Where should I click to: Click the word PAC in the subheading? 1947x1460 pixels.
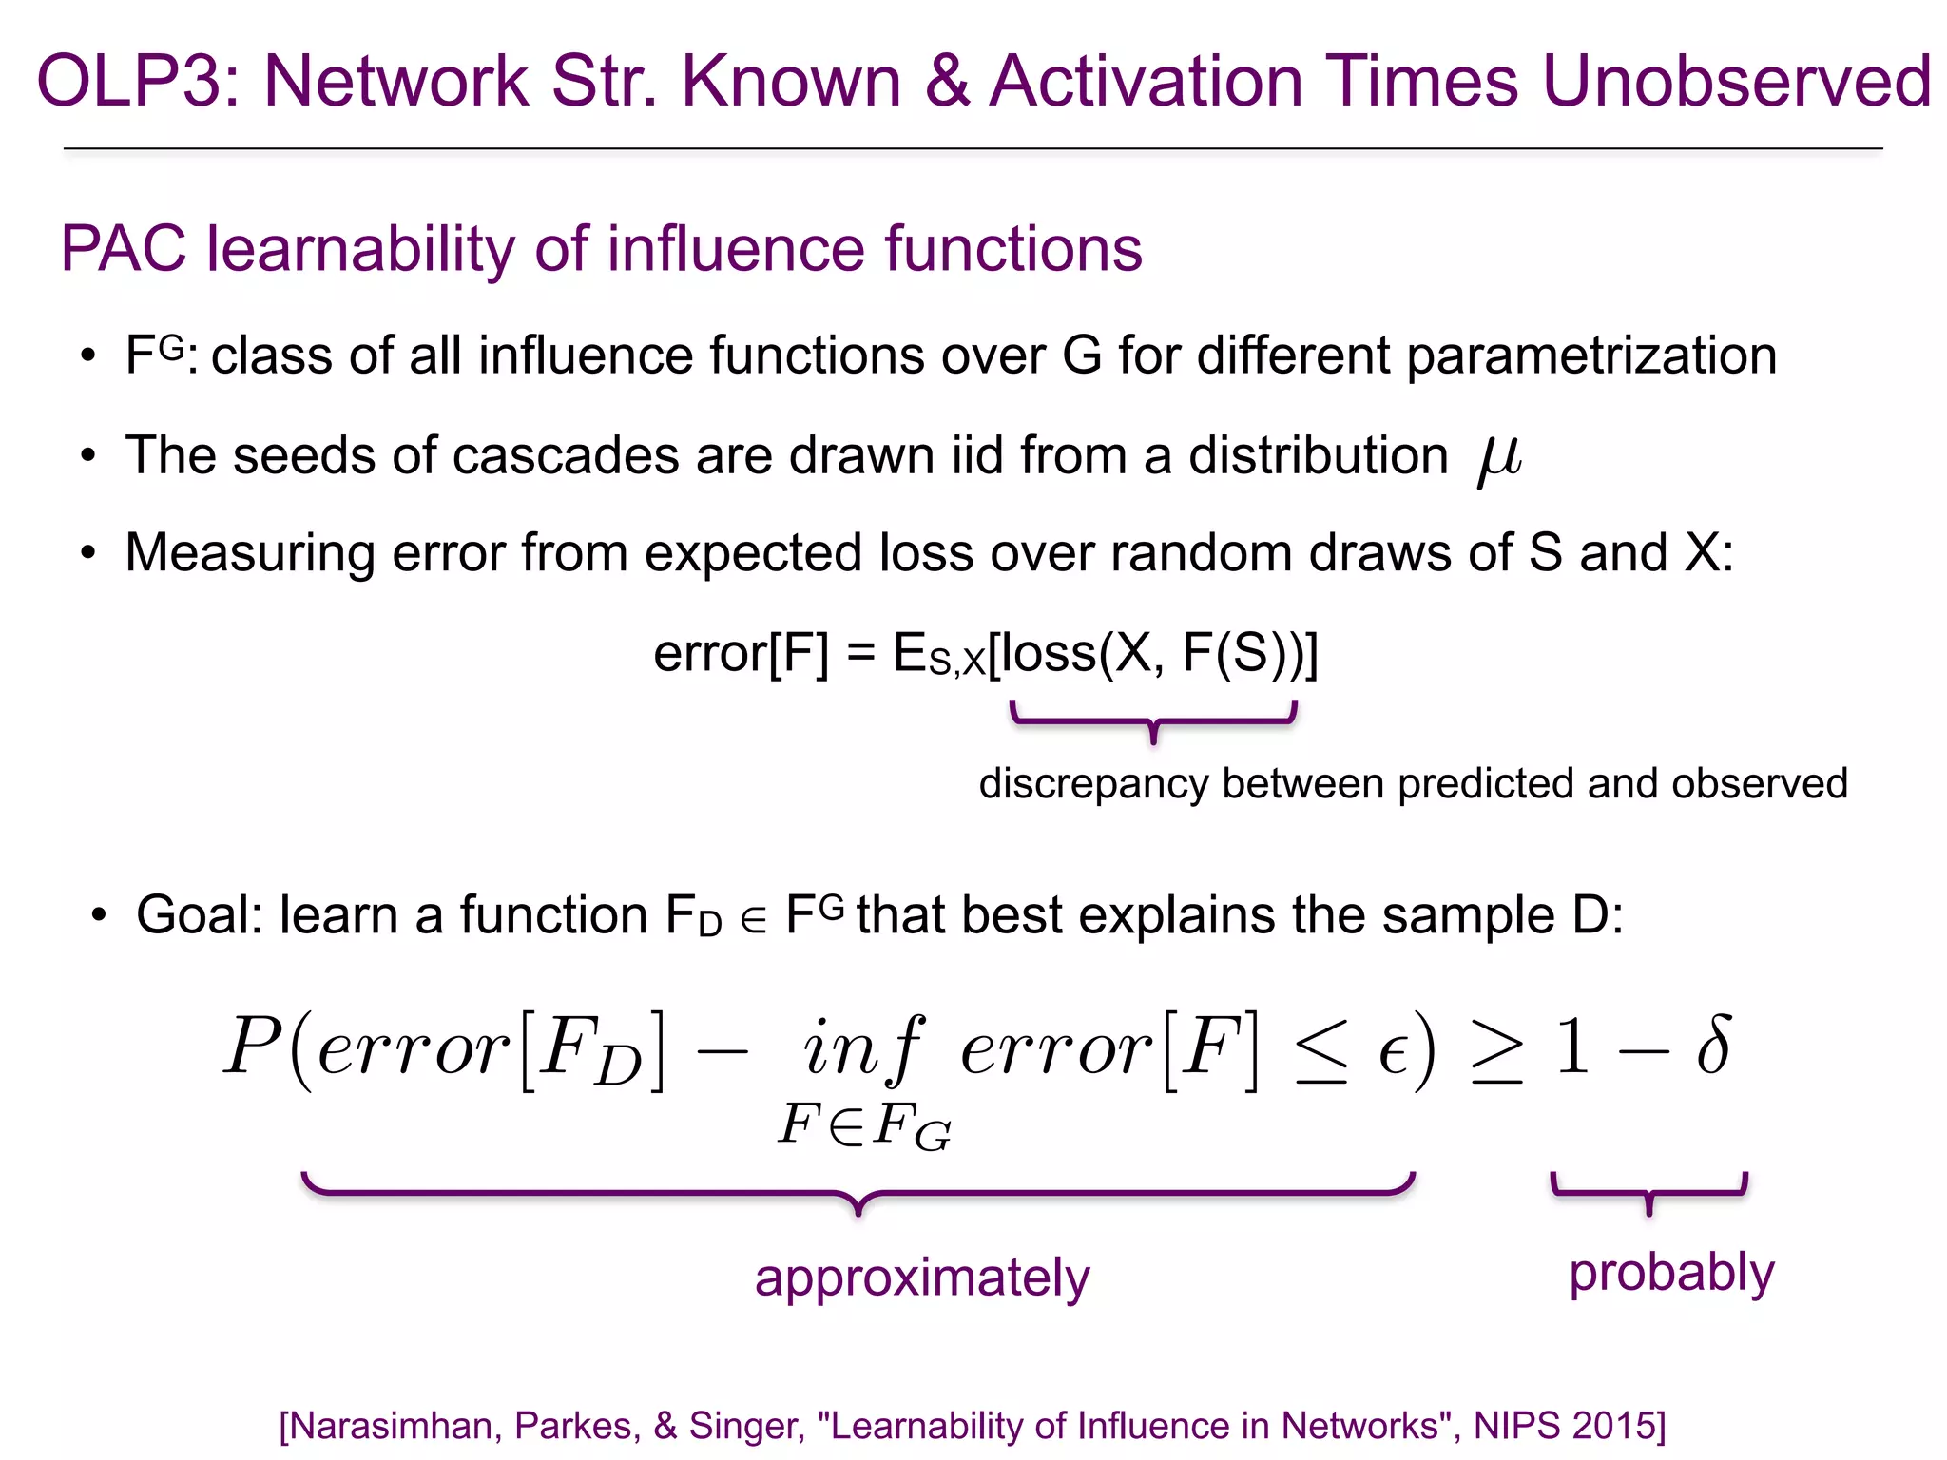click(x=124, y=250)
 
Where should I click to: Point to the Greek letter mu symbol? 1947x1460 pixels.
click(x=1500, y=458)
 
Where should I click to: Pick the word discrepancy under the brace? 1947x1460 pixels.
click(x=1094, y=784)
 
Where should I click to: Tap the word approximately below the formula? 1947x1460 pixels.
click(x=922, y=1278)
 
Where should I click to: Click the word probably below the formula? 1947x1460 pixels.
click(x=1671, y=1273)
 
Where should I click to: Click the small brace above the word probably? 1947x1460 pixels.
click(x=1649, y=1194)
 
